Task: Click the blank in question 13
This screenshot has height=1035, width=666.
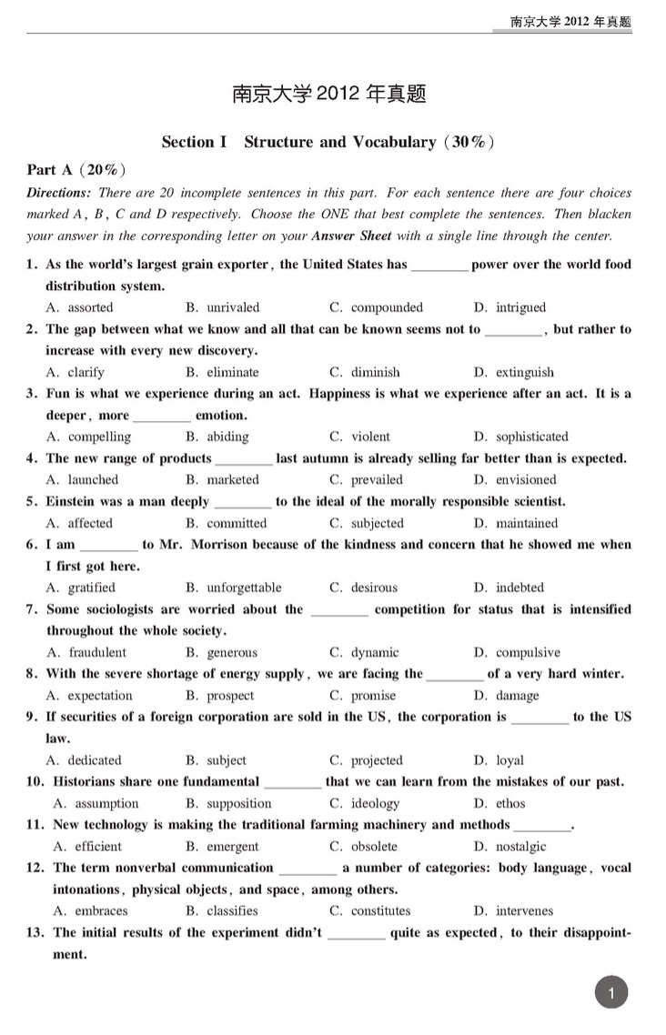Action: [x=356, y=935]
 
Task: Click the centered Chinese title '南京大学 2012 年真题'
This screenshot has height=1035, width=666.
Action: [x=329, y=94]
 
